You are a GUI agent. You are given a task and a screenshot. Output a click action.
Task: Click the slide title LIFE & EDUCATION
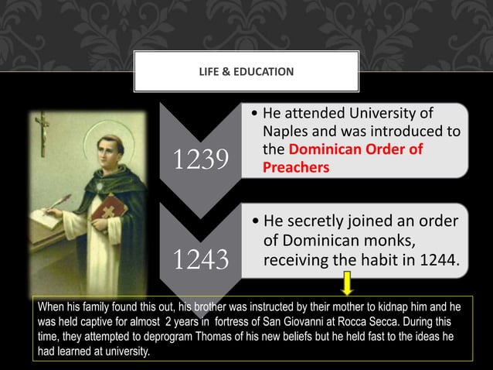(246, 72)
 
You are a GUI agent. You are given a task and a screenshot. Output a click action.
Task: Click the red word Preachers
(295, 166)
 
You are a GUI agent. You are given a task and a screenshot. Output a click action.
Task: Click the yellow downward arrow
(348, 283)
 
